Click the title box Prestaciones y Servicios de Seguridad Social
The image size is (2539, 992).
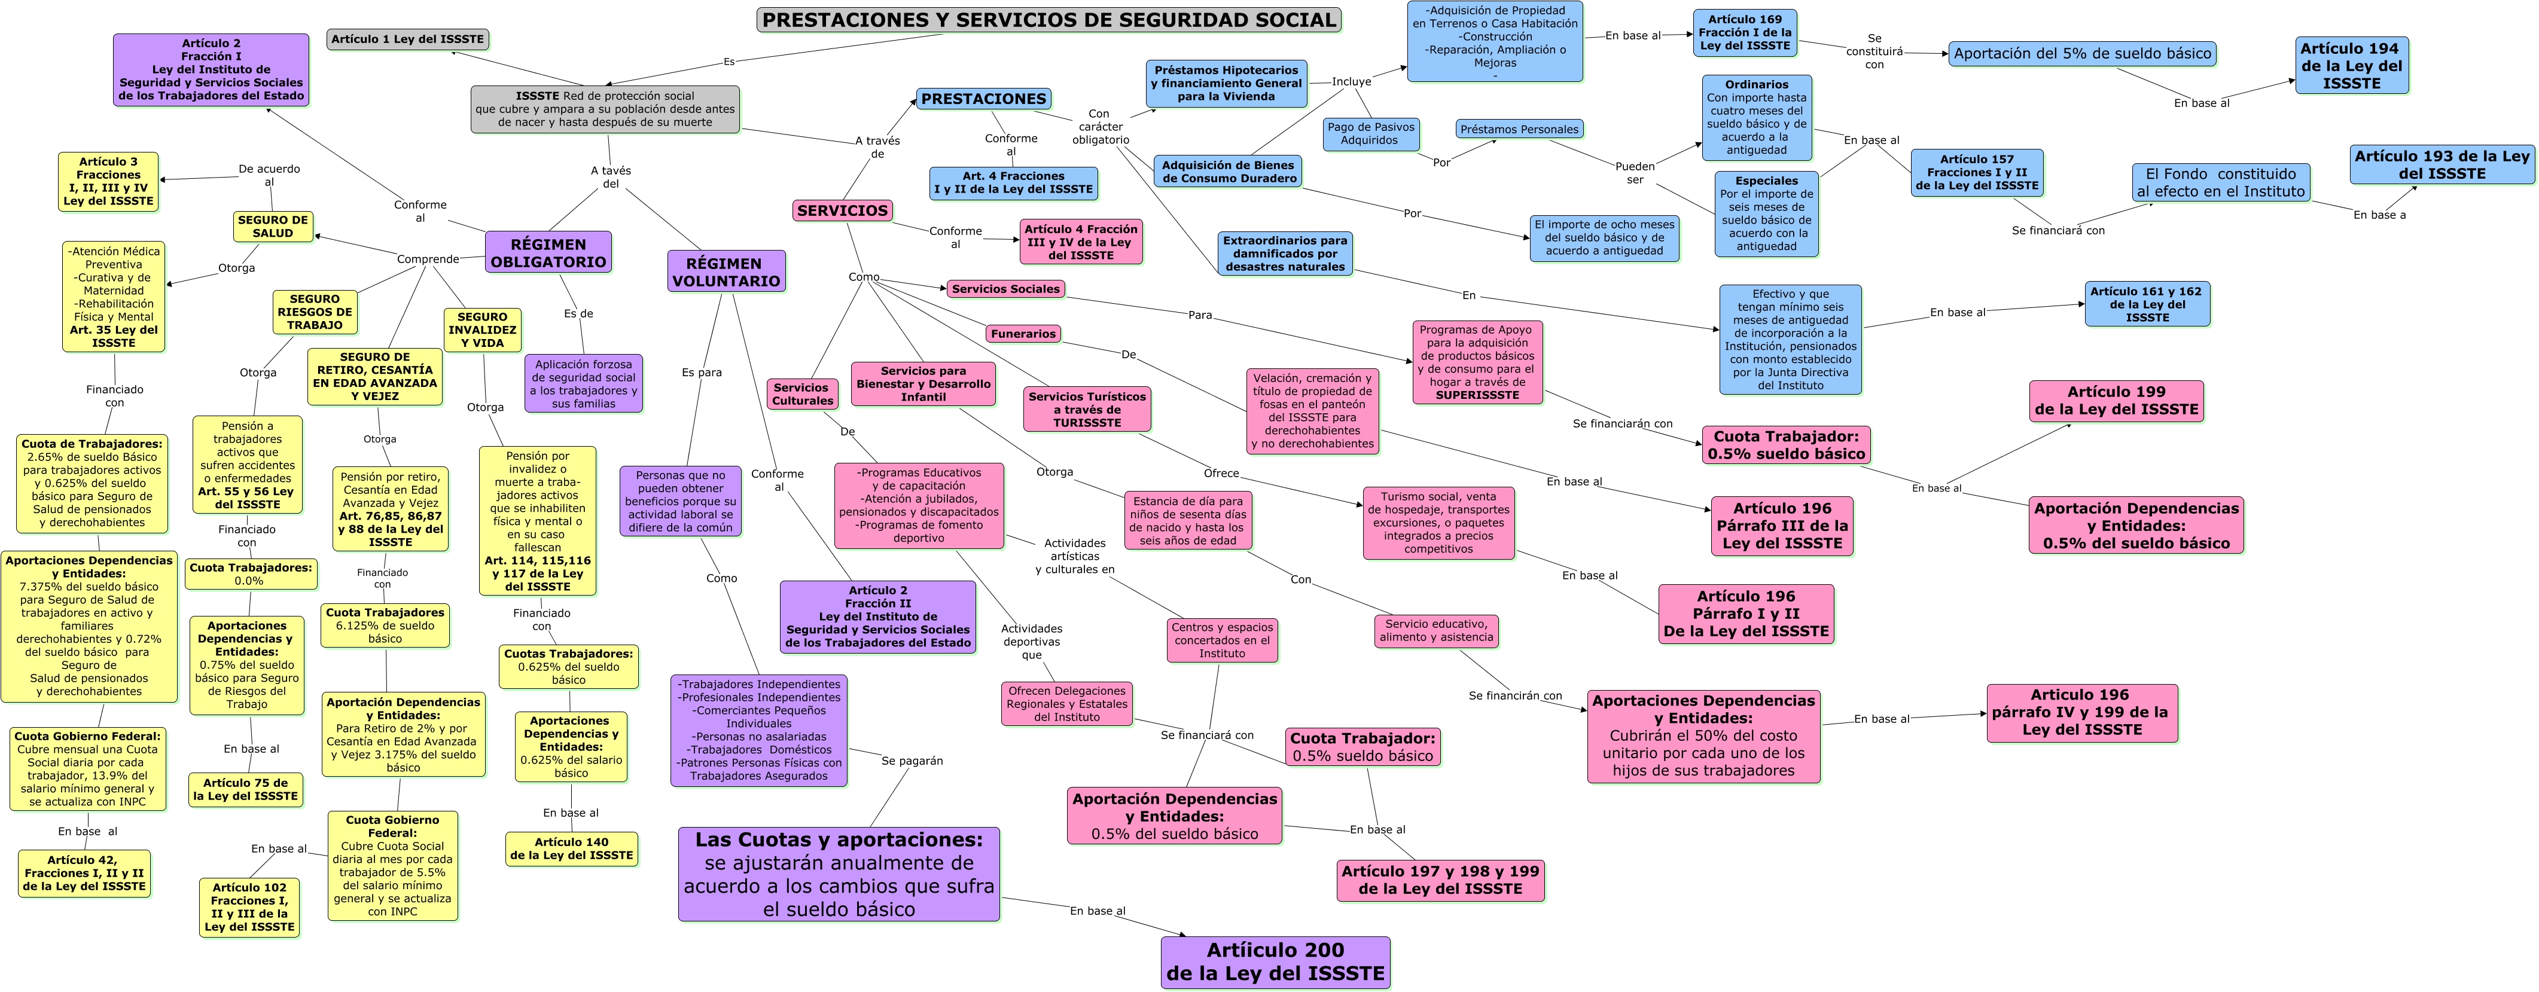pyautogui.click(x=1048, y=20)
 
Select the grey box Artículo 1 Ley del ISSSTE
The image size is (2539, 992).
pyautogui.click(x=407, y=39)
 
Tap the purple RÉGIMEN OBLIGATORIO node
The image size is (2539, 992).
pyautogui.click(x=548, y=252)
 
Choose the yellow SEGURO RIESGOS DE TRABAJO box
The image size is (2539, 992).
pyautogui.click(x=315, y=312)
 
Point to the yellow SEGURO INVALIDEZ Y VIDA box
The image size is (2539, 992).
pyautogui.click(x=482, y=330)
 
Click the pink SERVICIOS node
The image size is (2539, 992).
pyautogui.click(x=843, y=210)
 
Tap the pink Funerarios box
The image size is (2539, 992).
pyautogui.click(x=1023, y=334)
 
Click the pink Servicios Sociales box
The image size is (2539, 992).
pyautogui.click(x=1005, y=289)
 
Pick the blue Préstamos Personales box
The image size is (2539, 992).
pyautogui.click(x=1519, y=129)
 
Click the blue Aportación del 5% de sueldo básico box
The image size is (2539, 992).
pyautogui.click(x=2081, y=54)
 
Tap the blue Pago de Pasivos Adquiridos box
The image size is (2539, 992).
pyautogui.click(x=1370, y=133)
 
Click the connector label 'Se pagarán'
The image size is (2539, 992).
pyautogui.click(x=912, y=761)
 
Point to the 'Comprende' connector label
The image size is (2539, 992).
pyautogui.click(x=428, y=259)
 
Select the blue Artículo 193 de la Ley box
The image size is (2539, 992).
pyautogui.click(x=2442, y=164)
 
